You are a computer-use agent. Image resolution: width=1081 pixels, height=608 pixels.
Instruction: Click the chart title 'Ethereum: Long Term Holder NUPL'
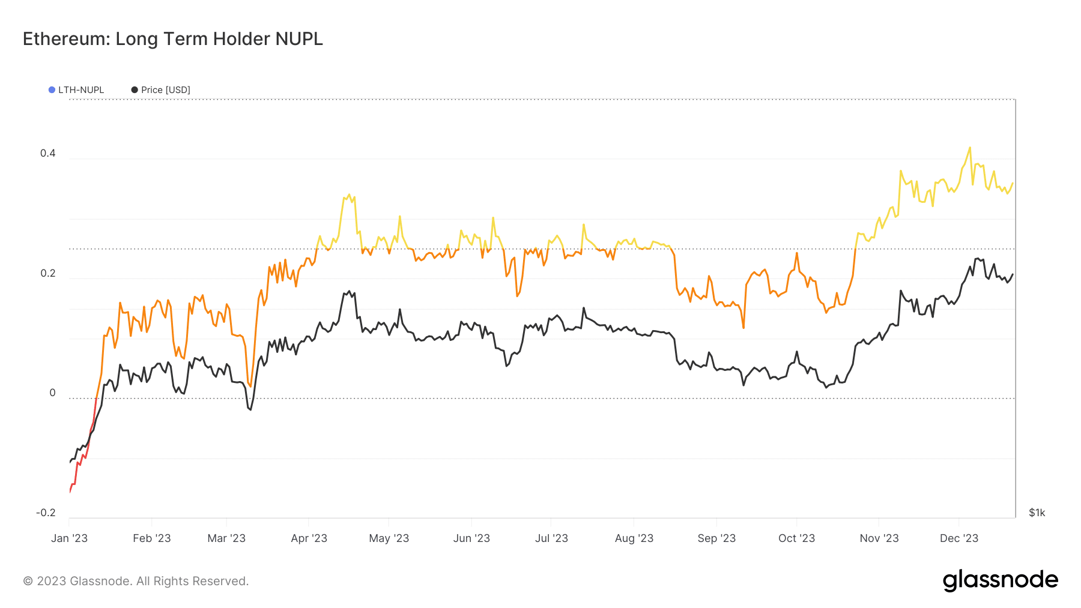(173, 39)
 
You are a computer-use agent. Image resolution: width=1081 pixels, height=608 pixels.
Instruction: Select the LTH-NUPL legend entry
(76, 90)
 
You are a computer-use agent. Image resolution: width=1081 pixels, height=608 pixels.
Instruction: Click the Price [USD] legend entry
(161, 90)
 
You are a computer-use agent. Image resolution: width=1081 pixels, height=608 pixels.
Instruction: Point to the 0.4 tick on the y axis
(47, 153)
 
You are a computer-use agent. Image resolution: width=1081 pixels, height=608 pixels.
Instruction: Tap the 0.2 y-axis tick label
(47, 273)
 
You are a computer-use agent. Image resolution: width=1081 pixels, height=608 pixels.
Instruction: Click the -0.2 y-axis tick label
(46, 513)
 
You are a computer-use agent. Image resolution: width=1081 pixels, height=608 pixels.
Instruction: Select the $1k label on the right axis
(1037, 513)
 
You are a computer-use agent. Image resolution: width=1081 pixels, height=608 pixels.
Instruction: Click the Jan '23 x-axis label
(69, 538)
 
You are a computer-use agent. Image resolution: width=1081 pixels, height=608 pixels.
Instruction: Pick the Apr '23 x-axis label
(309, 538)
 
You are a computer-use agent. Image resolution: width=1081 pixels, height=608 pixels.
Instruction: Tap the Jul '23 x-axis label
(551, 538)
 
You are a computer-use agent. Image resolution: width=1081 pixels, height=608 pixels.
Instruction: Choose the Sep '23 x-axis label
(716, 538)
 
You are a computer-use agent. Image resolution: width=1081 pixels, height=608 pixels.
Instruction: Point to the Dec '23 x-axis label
(958, 538)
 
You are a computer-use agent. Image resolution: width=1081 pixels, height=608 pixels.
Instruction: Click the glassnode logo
(1000, 580)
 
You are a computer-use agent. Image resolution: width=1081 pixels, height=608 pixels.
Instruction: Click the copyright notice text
(136, 581)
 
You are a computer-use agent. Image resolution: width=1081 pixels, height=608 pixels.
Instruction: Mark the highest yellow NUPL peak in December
(969, 148)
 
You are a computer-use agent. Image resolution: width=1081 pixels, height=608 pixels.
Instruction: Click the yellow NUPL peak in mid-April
(349, 194)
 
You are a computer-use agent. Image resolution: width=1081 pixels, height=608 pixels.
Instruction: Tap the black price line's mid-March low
(250, 410)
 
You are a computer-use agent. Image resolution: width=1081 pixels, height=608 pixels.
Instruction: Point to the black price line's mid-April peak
(349, 291)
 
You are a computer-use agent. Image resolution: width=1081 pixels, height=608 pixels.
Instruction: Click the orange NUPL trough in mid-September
(743, 328)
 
